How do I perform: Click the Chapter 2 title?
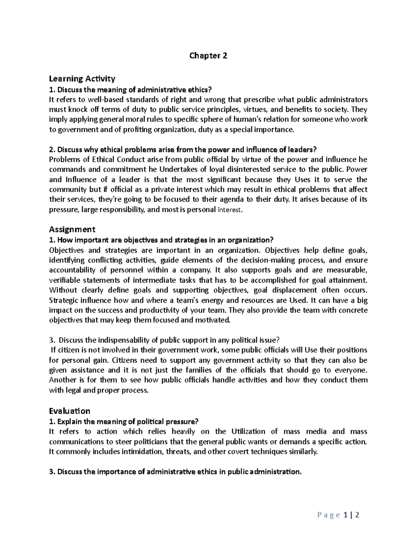tap(208, 56)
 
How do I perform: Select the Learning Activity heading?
tap(82, 79)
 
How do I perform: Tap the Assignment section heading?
tap(72, 229)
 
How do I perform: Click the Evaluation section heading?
tap(69, 411)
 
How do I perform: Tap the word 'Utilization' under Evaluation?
tap(247, 432)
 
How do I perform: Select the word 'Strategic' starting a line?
tap(63, 300)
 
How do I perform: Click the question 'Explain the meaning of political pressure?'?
tap(123, 421)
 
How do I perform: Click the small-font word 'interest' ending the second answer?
tap(228, 210)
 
